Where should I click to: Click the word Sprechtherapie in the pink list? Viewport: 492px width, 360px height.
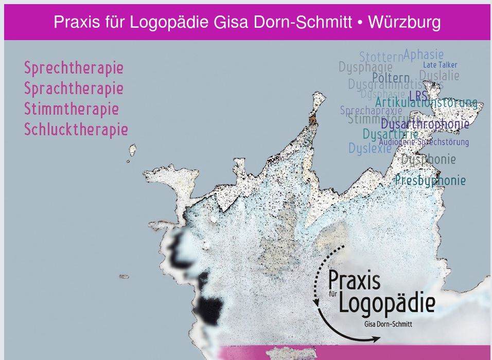point(74,68)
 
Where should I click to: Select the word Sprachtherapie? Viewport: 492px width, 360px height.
point(74,89)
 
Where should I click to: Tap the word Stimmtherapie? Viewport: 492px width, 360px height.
point(72,110)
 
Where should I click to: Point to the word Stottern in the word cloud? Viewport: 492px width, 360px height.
point(381,57)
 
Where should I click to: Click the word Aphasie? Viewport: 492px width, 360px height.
point(424,54)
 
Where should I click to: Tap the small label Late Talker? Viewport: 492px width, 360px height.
point(440,65)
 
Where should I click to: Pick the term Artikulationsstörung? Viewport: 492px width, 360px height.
point(426,103)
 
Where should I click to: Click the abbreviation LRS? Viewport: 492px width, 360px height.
point(418,96)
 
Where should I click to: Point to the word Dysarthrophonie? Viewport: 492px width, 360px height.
point(425,124)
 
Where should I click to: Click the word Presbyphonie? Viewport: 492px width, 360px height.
point(430,181)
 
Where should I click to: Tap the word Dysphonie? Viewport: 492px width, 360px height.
point(429,159)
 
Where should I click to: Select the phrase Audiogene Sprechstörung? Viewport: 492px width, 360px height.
point(424,142)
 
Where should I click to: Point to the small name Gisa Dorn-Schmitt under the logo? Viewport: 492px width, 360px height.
point(388,325)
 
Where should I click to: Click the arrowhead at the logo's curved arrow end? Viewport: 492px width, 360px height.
point(378,338)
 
